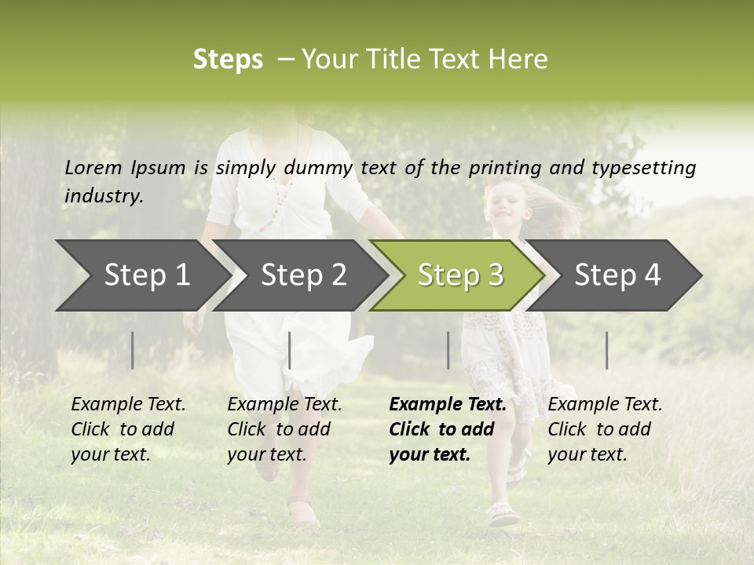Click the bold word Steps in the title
click(x=228, y=60)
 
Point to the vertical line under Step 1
click(x=133, y=350)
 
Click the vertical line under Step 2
click(x=290, y=350)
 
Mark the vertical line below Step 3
click(x=448, y=350)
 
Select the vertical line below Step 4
click(x=607, y=350)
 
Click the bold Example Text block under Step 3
click(x=448, y=429)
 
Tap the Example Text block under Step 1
click(x=128, y=429)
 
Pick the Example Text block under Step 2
click(x=284, y=429)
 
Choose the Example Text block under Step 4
click(x=605, y=429)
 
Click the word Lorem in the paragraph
click(x=93, y=167)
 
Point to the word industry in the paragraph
click(x=103, y=196)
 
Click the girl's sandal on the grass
click(x=503, y=515)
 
